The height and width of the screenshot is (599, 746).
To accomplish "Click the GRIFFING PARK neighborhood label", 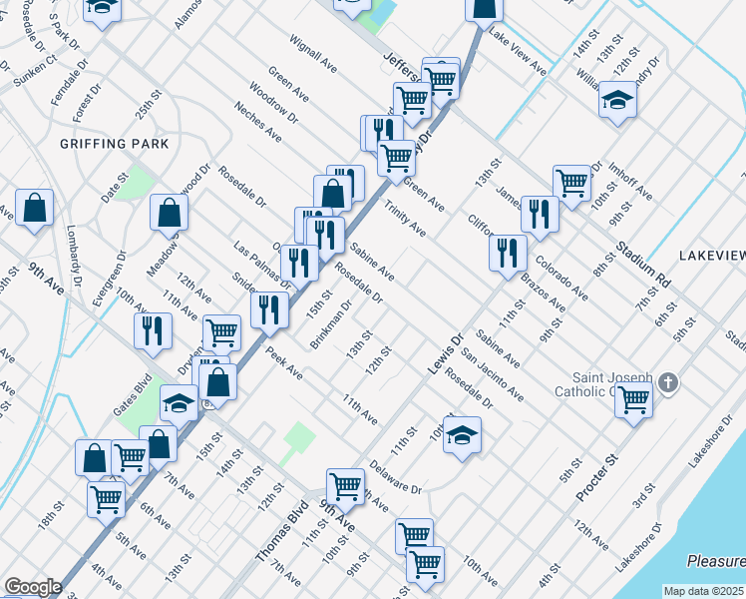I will (114, 144).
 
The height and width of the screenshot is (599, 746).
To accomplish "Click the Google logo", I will (33, 587).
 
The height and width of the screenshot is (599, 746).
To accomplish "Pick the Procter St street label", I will (597, 474).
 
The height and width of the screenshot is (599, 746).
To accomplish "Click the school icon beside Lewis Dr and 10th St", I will (462, 435).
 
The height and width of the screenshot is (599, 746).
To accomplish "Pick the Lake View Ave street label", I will (520, 57).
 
